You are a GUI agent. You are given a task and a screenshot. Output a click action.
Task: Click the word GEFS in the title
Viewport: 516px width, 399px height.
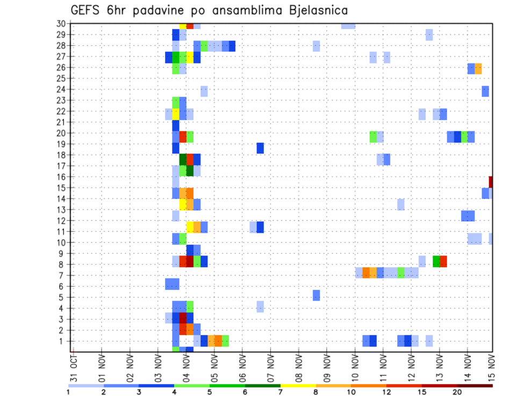point(88,10)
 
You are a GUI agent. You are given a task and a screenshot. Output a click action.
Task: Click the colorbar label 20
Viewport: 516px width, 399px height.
point(457,392)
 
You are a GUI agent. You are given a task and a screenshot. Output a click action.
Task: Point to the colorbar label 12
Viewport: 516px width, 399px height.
point(386,392)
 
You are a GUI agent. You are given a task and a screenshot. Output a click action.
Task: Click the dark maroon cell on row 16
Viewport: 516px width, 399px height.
point(491,182)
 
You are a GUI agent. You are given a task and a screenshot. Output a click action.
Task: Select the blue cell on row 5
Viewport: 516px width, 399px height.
point(316,295)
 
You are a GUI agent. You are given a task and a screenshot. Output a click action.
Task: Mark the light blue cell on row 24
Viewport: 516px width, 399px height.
point(204,91)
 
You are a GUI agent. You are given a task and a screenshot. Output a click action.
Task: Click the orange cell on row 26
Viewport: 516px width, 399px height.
point(478,69)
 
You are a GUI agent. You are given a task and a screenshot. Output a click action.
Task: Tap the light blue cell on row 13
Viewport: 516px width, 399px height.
point(401,204)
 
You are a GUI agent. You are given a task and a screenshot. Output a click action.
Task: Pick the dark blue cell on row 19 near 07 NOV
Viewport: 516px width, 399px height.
point(260,148)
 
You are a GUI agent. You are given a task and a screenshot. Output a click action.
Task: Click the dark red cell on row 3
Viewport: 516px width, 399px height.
point(183,318)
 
